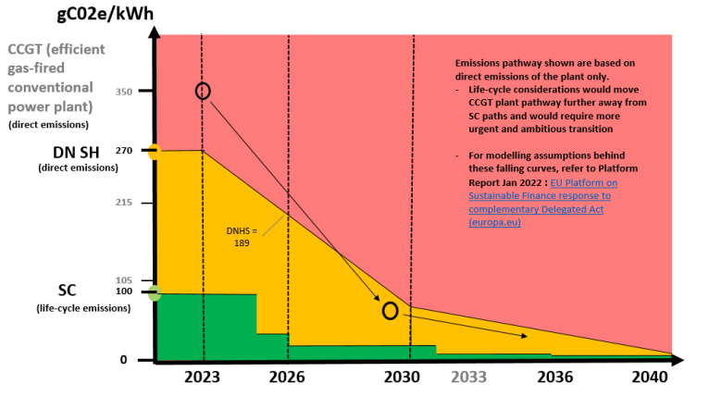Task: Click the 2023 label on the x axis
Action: [203, 378]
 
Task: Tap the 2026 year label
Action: [287, 378]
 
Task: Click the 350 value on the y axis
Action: [124, 92]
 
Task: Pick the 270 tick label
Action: [124, 150]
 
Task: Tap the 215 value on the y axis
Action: [124, 202]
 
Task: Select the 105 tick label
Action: [124, 280]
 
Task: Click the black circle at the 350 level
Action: [204, 91]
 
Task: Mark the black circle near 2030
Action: [390, 311]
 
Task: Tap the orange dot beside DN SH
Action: [155, 152]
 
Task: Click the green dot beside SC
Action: [155, 293]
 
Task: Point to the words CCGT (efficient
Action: [56, 49]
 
